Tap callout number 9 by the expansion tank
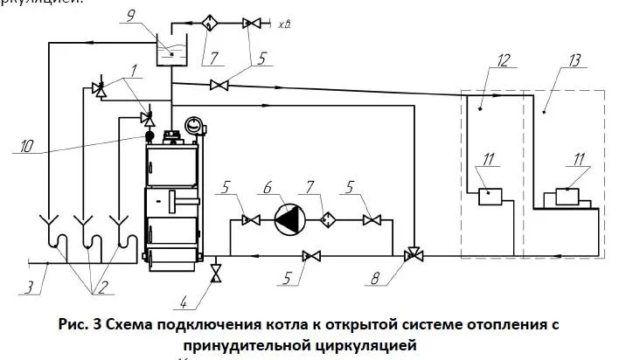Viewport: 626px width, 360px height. [x=155, y=17]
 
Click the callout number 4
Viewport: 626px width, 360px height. [x=184, y=303]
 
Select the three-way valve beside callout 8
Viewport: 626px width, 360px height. [x=411, y=256]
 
